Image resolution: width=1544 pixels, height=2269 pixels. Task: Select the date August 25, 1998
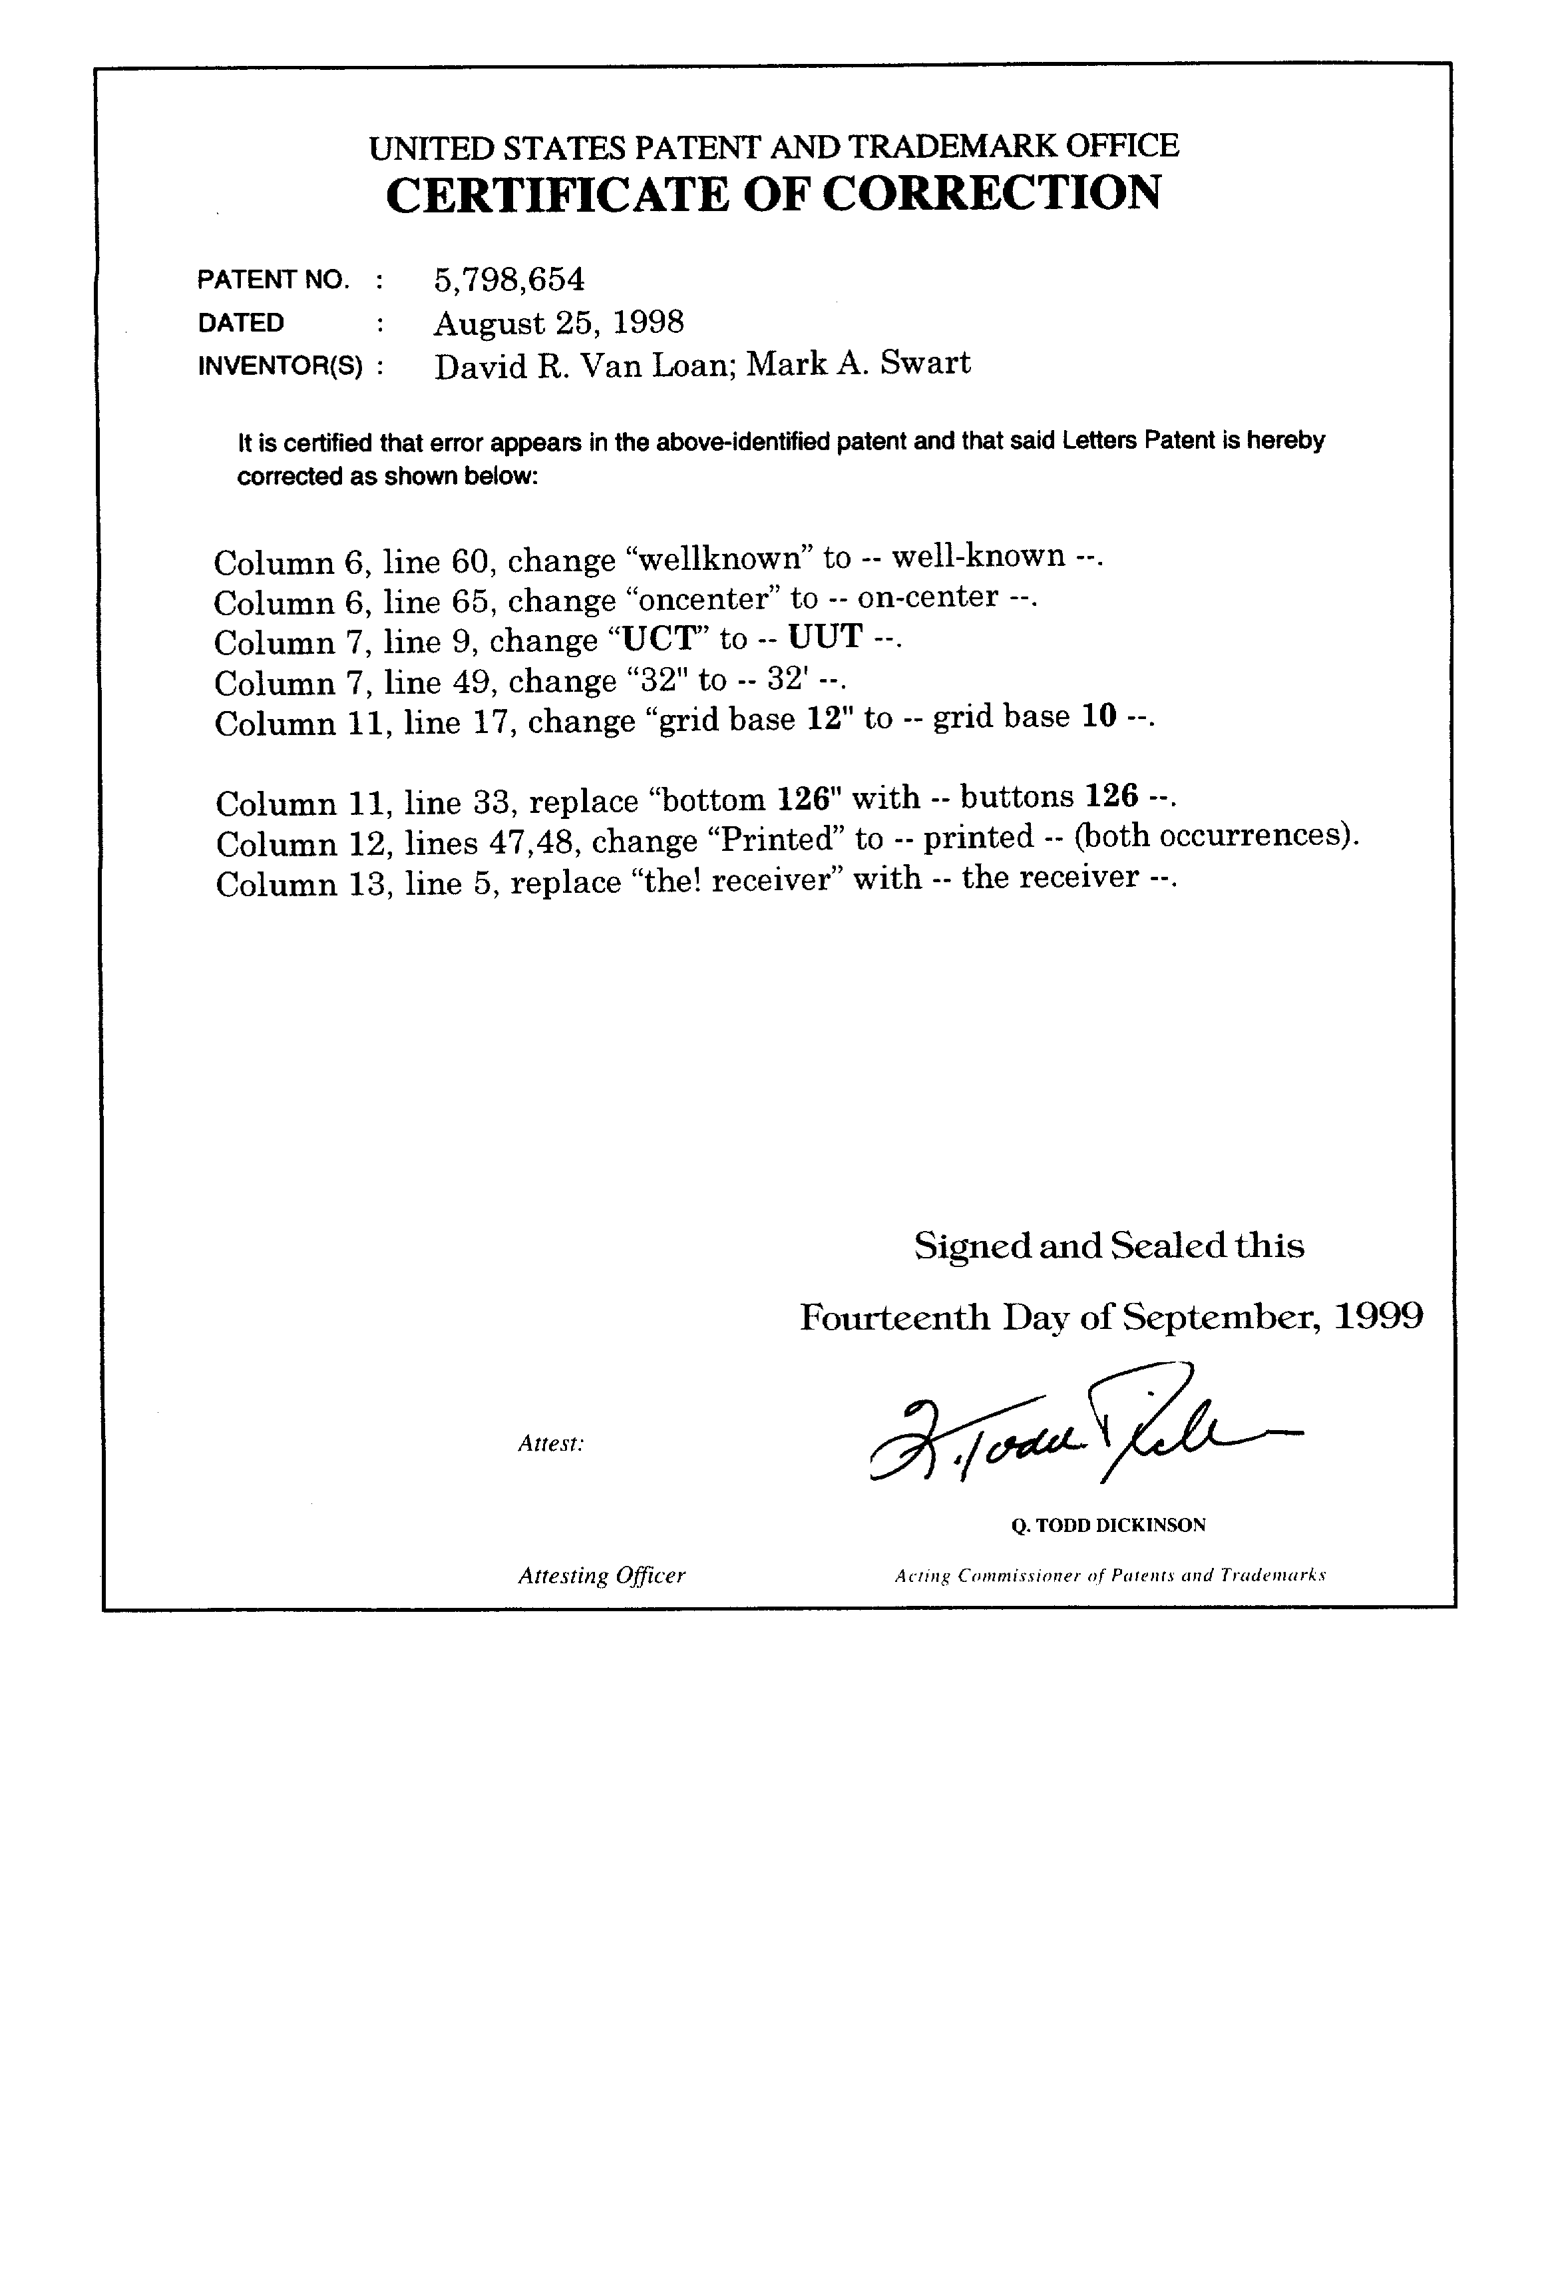tap(558, 322)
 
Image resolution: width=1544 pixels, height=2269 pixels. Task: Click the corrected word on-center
tap(927, 597)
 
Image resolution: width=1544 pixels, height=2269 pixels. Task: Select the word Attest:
tap(550, 1443)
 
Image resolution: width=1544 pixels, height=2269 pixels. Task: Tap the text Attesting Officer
tap(601, 1575)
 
